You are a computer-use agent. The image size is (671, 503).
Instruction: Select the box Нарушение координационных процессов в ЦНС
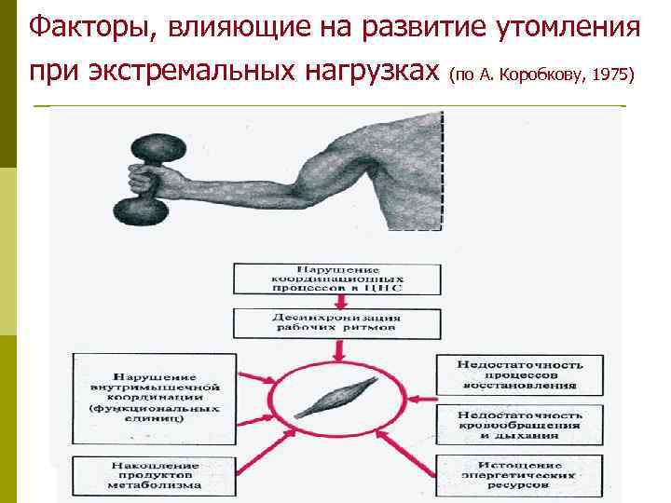coord(338,277)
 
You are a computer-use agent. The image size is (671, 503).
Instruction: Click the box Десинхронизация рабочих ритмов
coord(338,323)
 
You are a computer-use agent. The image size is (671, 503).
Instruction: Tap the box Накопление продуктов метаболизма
coord(150,472)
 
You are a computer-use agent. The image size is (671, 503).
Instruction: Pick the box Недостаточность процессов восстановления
coord(521,373)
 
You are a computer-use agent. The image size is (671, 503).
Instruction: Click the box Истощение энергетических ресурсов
coord(521,472)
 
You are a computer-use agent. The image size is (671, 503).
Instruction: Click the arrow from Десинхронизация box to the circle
coord(337,351)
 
